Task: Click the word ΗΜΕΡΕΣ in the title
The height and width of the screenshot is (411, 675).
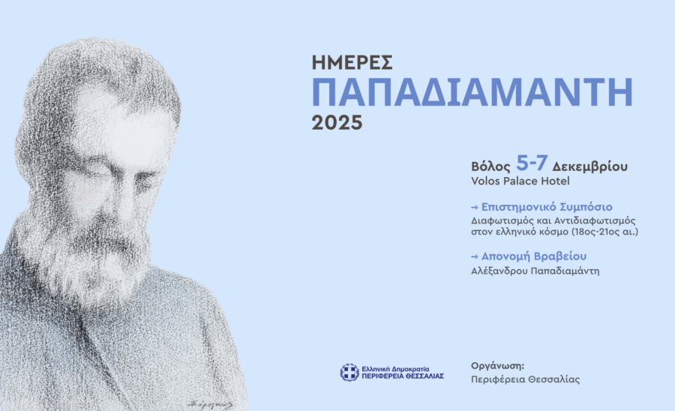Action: pyautogui.click(x=352, y=62)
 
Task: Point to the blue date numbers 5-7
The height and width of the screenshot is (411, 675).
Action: pyautogui.click(x=532, y=163)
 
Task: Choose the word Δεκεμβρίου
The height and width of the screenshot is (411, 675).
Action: pyautogui.click(x=589, y=166)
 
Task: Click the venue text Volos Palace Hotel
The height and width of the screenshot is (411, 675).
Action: pyautogui.click(x=520, y=181)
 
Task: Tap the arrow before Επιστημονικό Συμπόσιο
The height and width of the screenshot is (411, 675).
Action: pyautogui.click(x=475, y=207)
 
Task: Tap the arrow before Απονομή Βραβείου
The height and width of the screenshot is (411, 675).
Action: pyautogui.click(x=475, y=256)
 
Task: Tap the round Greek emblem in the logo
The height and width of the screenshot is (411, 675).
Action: pyautogui.click(x=349, y=372)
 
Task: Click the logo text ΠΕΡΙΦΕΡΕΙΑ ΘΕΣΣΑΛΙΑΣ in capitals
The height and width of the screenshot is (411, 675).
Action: pyautogui.click(x=402, y=376)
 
